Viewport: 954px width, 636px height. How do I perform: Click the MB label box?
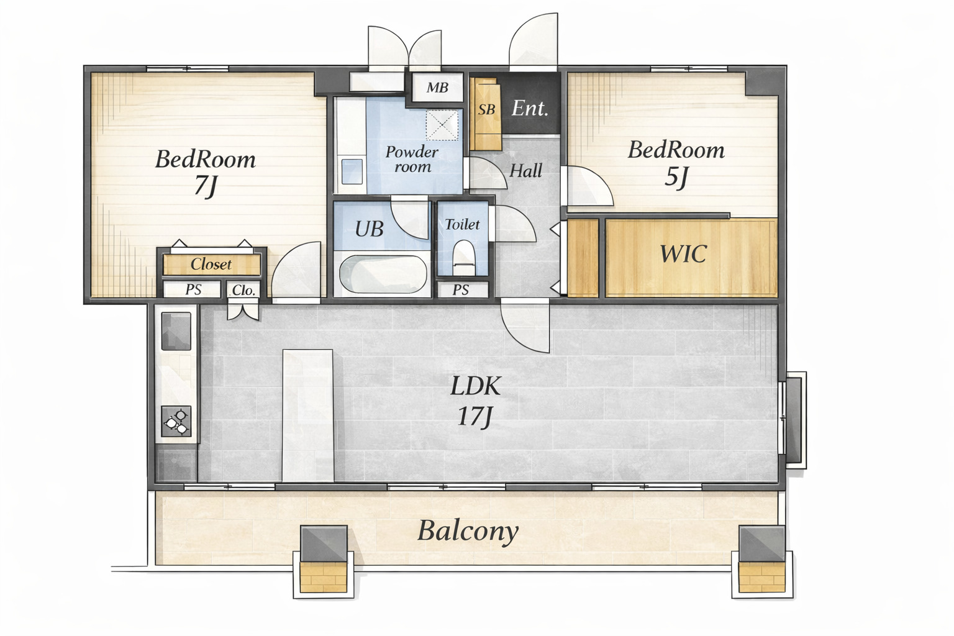(x=437, y=88)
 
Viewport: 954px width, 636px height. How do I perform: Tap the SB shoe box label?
(x=486, y=110)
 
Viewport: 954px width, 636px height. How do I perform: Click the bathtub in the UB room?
(x=383, y=273)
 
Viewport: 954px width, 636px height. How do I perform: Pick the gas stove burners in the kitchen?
(x=176, y=421)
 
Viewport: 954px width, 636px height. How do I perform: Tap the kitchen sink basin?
(x=176, y=331)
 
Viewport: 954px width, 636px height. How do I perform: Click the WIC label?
(x=683, y=254)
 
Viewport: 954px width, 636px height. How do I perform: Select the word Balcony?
(x=468, y=532)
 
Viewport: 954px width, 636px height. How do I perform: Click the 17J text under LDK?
(x=475, y=416)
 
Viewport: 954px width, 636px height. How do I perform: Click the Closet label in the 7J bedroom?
(x=211, y=265)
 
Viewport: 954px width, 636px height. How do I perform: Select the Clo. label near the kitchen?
(x=243, y=291)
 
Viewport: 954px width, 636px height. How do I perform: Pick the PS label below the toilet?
(x=460, y=289)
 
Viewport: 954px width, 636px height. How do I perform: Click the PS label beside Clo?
(x=193, y=289)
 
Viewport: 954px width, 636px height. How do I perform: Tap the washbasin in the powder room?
(x=352, y=171)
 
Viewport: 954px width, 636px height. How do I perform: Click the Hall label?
(x=525, y=171)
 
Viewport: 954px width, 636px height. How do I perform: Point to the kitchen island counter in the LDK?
(x=307, y=416)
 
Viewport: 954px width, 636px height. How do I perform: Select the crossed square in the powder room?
(x=442, y=125)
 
